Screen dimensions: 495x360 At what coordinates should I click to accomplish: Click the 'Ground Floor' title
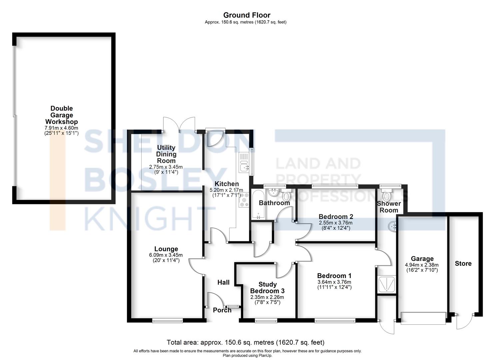pyautogui.click(x=247, y=15)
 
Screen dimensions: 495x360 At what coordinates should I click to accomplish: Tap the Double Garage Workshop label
pyautogui.click(x=62, y=115)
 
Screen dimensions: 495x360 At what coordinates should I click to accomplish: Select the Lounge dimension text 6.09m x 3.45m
pyautogui.click(x=166, y=255)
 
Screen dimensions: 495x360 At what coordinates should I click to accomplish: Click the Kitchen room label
pyautogui.click(x=227, y=184)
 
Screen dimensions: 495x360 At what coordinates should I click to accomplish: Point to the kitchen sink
pyautogui.click(x=244, y=168)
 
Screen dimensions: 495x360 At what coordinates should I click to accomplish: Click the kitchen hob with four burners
pyautogui.click(x=244, y=200)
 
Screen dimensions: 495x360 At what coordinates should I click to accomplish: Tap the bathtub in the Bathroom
pyautogui.click(x=258, y=204)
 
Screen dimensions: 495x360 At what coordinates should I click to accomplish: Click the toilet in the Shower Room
pyautogui.click(x=386, y=195)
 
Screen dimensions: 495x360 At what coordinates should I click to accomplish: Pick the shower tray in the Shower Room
pyautogui.click(x=386, y=284)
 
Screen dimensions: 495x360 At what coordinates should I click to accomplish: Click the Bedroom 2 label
pyautogui.click(x=336, y=217)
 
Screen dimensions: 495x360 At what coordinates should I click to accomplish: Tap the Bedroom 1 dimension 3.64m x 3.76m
pyautogui.click(x=334, y=282)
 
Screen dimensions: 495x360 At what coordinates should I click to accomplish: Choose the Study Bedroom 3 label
pyautogui.click(x=267, y=288)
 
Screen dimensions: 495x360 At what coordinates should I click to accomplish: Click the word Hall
pyautogui.click(x=223, y=282)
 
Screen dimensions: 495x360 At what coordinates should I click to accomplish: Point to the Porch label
pyautogui.click(x=222, y=310)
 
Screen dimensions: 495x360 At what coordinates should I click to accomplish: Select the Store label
pyautogui.click(x=463, y=263)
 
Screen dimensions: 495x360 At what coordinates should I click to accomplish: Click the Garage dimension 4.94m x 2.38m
pyautogui.click(x=422, y=265)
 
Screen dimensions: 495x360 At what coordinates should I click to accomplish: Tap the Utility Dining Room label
pyautogui.click(x=166, y=154)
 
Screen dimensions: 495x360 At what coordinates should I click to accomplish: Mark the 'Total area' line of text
pyautogui.click(x=246, y=342)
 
